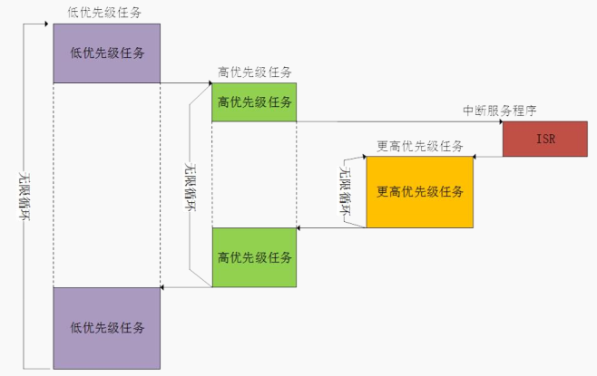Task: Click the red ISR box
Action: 545,139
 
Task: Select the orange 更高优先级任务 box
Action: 419,192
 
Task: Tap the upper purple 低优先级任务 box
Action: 107,53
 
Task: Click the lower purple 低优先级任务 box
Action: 107,328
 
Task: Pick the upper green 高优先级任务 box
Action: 254,102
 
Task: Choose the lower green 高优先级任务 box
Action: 254,257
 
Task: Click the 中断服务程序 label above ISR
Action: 500,111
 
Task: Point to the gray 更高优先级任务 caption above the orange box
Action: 419,146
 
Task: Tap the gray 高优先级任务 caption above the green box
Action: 254,72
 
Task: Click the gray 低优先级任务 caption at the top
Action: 104,13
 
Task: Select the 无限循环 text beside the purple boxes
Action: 24,197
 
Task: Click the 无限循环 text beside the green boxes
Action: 190,187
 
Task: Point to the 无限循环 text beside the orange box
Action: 345,190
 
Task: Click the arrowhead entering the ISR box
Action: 501,121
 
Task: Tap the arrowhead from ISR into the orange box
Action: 475,156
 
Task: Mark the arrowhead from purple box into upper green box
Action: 210,82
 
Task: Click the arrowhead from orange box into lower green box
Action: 298,227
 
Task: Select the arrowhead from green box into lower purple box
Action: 162,287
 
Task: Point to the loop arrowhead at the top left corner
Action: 46,24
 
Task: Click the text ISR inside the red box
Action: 545,139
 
